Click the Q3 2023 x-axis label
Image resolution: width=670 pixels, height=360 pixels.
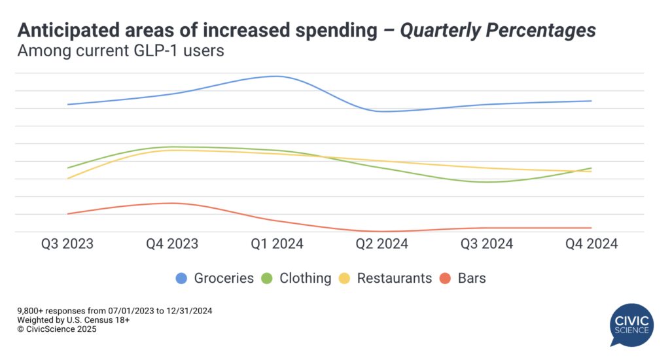tap(67, 244)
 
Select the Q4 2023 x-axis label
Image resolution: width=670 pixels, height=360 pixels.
tap(172, 244)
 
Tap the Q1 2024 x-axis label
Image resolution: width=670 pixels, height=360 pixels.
tap(277, 244)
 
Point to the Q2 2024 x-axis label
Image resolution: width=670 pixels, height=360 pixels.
tap(382, 244)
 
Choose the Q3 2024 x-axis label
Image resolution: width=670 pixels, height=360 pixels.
tap(487, 244)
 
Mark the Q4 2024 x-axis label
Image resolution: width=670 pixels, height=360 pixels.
tap(591, 244)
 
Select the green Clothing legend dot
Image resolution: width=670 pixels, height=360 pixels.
tap(267, 278)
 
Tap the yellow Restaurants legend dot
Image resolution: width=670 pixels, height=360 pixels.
tap(344, 278)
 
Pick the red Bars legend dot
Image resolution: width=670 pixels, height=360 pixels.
tap(446, 278)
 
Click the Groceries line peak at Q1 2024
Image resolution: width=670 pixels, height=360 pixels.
tap(277, 77)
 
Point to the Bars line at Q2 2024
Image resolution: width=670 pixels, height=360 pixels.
tap(382, 231)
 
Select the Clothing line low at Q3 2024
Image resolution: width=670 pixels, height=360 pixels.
tap(487, 182)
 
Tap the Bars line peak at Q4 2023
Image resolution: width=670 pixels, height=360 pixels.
tap(172, 203)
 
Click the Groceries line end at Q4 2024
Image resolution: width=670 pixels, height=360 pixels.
tap(591, 101)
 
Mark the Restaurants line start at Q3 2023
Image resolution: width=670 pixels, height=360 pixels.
tap(67, 178)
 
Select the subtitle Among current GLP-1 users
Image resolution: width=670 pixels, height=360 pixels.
tap(121, 50)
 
